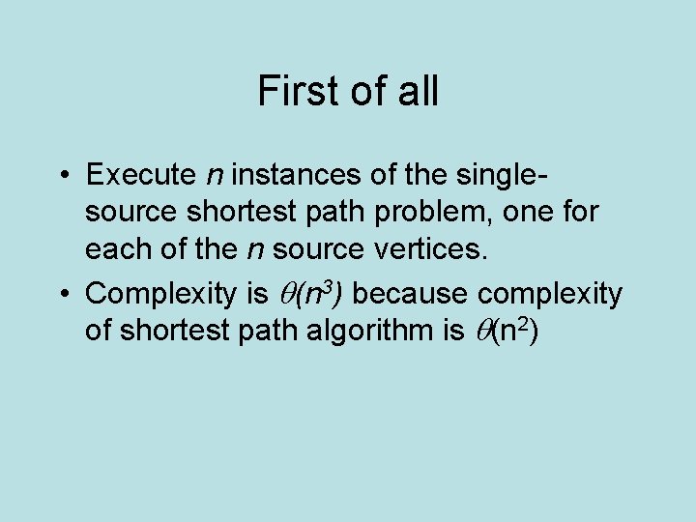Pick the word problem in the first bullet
point(430,212)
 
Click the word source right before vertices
point(316,248)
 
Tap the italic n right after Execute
point(215,177)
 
